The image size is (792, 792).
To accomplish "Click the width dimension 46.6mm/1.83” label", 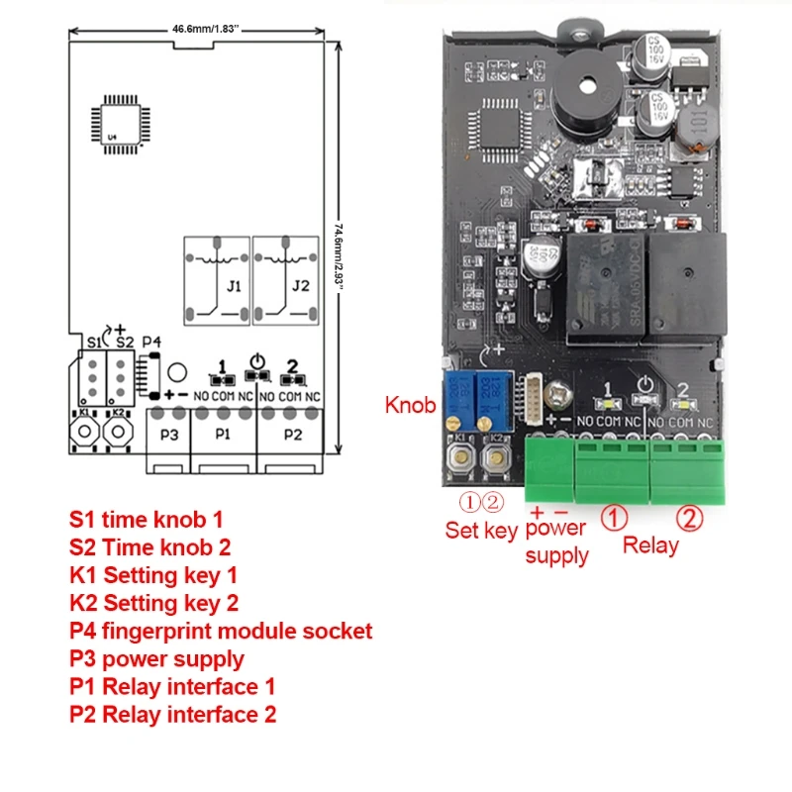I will [201, 29].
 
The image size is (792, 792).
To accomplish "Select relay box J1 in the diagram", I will [216, 280].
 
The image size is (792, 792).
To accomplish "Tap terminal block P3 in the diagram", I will [168, 434].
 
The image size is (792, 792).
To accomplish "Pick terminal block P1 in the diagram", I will [223, 434].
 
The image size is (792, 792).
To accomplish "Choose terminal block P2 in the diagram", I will [293, 434].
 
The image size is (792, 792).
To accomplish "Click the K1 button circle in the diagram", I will [84, 434].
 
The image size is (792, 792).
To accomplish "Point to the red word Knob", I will [410, 405].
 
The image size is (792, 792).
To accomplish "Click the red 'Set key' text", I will [481, 531].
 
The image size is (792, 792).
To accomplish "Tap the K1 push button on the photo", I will [459, 454].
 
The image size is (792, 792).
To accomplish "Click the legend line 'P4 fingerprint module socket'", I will [221, 631].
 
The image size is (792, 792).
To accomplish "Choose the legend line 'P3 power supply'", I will [156, 658].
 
